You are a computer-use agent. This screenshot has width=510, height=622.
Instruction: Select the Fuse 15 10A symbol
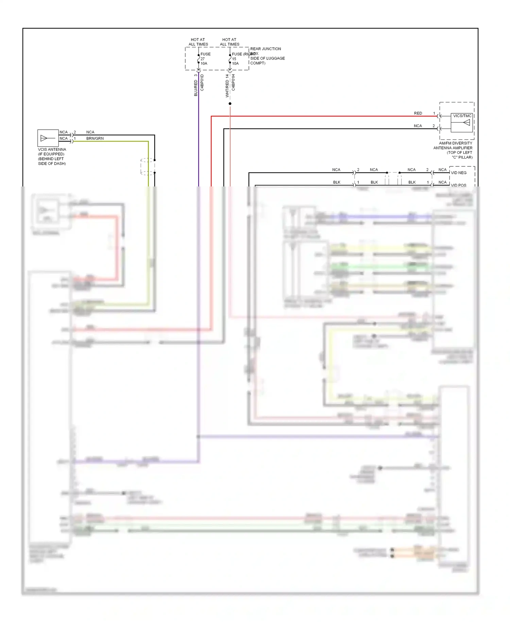(x=230, y=59)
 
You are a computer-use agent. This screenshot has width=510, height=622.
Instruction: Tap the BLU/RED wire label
(x=196, y=88)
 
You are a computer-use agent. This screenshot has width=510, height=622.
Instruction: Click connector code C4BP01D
(x=202, y=82)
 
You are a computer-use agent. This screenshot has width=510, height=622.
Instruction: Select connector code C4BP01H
(x=234, y=82)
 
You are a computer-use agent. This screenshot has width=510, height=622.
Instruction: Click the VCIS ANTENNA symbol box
(x=48, y=138)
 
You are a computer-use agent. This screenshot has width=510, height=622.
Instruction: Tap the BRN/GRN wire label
(x=95, y=138)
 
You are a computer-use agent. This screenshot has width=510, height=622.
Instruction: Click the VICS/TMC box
(x=462, y=122)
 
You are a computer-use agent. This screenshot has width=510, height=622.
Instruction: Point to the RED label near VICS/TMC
(x=418, y=113)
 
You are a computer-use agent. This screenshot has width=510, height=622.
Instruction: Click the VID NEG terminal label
(x=458, y=173)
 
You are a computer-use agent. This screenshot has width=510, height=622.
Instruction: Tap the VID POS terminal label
(x=458, y=185)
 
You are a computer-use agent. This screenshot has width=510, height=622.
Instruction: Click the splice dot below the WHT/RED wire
(x=230, y=103)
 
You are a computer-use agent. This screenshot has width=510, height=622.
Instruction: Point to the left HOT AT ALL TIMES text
(x=198, y=42)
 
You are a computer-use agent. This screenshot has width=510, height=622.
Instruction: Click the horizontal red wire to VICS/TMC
(x=323, y=116)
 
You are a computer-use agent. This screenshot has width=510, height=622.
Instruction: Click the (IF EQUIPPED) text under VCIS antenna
(x=51, y=154)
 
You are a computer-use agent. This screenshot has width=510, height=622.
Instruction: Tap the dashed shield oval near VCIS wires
(x=148, y=166)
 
